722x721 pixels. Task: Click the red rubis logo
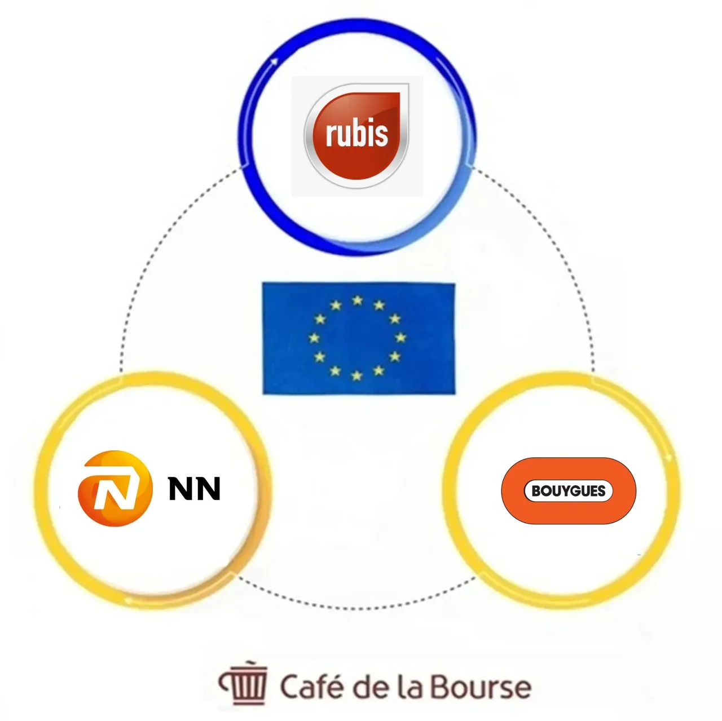pyautogui.click(x=356, y=135)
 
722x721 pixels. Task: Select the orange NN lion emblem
pyautogui.click(x=115, y=488)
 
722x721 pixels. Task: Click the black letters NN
pyautogui.click(x=194, y=488)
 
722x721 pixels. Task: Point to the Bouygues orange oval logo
pyautogui.click(x=569, y=490)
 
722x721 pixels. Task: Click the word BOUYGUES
pyautogui.click(x=569, y=490)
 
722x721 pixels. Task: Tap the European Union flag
pyautogui.click(x=359, y=338)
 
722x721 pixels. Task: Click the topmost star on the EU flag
pyautogui.click(x=358, y=300)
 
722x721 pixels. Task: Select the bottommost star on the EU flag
pyautogui.click(x=356, y=375)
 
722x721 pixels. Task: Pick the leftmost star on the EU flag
pyautogui.click(x=314, y=338)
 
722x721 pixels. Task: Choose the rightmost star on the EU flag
pyautogui.click(x=400, y=338)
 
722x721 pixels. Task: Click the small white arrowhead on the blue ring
pyautogui.click(x=275, y=60)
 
